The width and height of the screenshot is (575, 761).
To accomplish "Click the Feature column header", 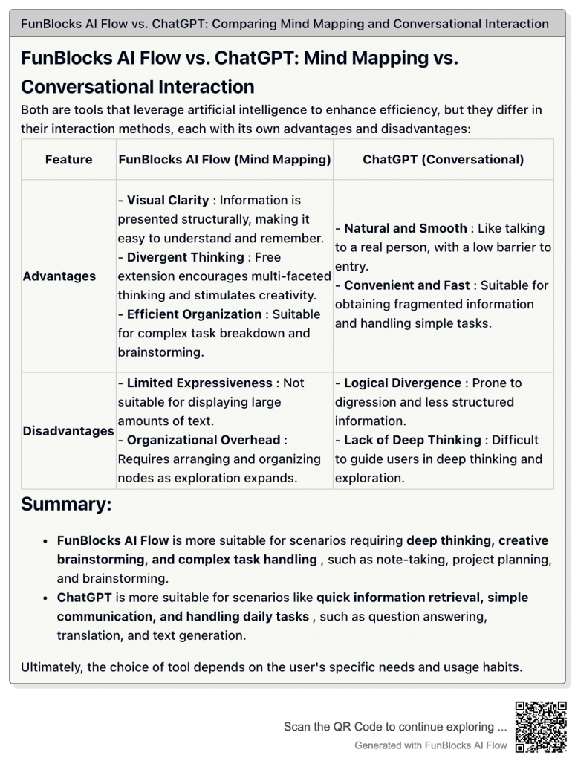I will pyautogui.click(x=68, y=159).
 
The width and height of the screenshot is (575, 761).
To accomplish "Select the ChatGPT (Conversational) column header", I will pyautogui.click(x=443, y=159).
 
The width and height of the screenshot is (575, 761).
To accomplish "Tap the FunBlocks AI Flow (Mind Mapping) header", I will pyautogui.click(x=224, y=159).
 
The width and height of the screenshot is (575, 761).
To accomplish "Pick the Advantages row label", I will pyautogui.click(x=59, y=276).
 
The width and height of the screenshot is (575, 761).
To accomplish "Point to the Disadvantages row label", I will pyautogui.click(x=68, y=430).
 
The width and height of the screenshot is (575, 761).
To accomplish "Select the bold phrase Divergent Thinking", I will pyautogui.click(x=185, y=257).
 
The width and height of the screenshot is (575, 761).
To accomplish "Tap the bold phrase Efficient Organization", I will pyautogui.click(x=194, y=314).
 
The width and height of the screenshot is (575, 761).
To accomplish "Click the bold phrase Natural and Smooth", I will pyautogui.click(x=405, y=228).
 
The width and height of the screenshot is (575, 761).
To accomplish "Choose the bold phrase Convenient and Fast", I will pyautogui.click(x=406, y=285).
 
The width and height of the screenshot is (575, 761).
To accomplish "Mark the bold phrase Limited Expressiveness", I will pyautogui.click(x=199, y=383).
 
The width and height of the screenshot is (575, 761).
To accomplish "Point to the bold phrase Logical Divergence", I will pyautogui.click(x=402, y=383).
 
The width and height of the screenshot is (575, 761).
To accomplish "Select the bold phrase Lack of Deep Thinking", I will pyautogui.click(x=412, y=440).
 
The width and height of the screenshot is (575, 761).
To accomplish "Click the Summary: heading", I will pyautogui.click(x=66, y=504).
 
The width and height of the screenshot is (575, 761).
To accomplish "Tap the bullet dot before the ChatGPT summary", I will pyautogui.click(x=46, y=598).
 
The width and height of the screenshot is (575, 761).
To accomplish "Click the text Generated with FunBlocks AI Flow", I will pyautogui.click(x=431, y=745).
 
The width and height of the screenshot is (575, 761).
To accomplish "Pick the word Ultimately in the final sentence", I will pyautogui.click(x=51, y=667).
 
